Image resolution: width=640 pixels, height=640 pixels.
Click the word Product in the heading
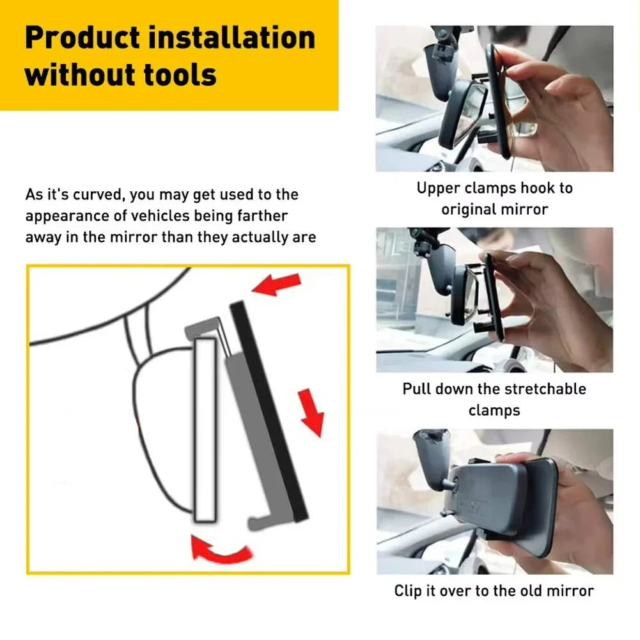coord(82,38)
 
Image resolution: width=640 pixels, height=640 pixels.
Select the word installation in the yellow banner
coord(232,38)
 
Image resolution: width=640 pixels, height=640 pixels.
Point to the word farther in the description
coord(261,216)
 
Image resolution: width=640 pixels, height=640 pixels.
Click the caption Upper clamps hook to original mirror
coord(494,199)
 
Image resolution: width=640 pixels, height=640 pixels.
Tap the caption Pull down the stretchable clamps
coord(494,399)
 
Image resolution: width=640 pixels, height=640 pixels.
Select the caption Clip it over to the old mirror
coord(494,590)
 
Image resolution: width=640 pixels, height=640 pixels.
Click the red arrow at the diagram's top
coord(276,283)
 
